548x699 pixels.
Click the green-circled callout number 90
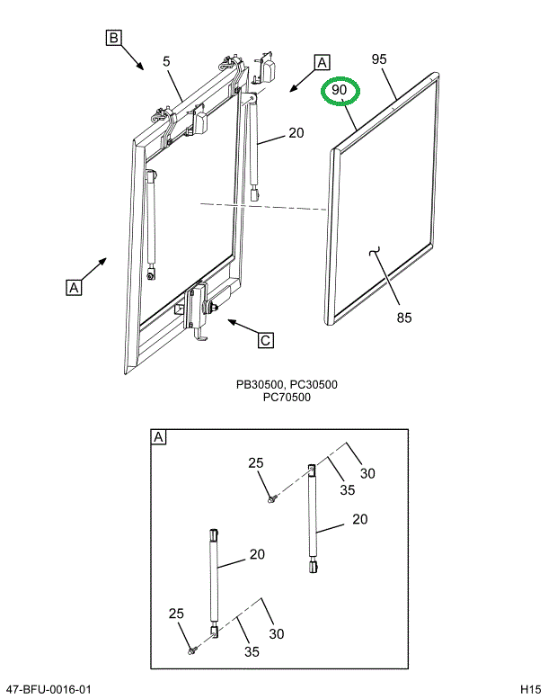coord(340,91)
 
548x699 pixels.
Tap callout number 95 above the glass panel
coord(378,59)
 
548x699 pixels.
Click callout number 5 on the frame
coord(167,62)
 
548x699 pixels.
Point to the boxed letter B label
coord(113,38)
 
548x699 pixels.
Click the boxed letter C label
coord(266,340)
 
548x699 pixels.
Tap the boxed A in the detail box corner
coord(159,438)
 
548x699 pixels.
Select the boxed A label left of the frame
coord(74,288)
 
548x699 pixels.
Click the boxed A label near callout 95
coord(322,63)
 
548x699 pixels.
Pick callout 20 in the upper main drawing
coord(296,134)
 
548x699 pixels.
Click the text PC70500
coord(287,397)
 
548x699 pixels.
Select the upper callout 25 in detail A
coord(256,463)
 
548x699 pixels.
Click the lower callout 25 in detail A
coord(176,614)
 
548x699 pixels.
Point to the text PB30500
coord(258,384)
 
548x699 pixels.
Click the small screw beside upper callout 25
coord(270,499)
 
